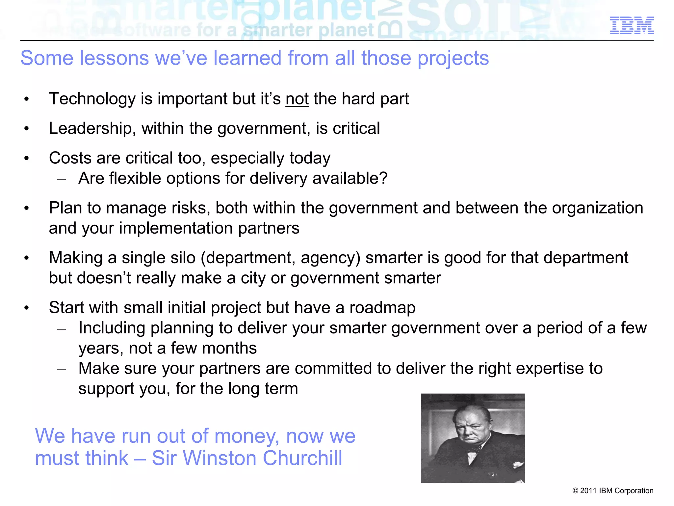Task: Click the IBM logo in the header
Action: [x=632, y=25]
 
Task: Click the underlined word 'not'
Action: [x=297, y=99]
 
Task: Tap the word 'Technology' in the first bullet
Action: [x=92, y=99]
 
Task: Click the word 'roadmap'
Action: [x=382, y=308]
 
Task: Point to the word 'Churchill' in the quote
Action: [x=302, y=458]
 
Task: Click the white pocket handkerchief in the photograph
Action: [x=518, y=464]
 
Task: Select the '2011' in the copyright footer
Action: [x=588, y=491]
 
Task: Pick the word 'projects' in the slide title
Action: [x=453, y=59]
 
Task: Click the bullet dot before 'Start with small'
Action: [x=27, y=308]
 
